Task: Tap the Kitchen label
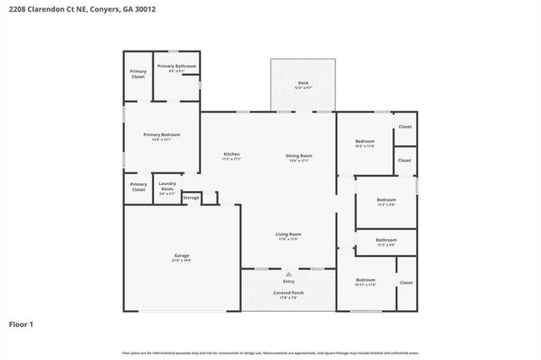[231, 154]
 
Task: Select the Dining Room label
[298, 155]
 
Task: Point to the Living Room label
[288, 234]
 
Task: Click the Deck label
[303, 83]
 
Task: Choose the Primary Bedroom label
[161, 134]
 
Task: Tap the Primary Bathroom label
[177, 66]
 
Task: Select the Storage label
[192, 198]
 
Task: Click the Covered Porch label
[288, 292]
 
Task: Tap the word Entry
[288, 281]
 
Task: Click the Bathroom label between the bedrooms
[386, 239]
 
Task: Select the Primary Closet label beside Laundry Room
[138, 187]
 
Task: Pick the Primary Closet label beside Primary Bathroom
[138, 74]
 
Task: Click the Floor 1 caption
[22, 324]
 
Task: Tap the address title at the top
[70, 8]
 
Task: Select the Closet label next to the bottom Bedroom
[406, 282]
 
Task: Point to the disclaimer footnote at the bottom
[270, 352]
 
